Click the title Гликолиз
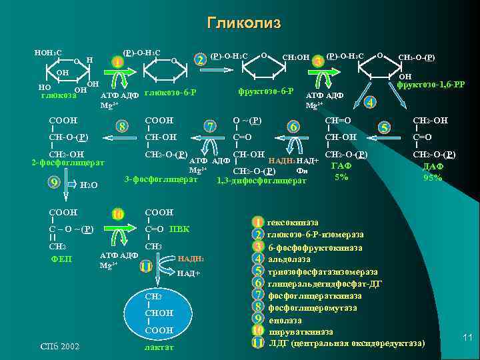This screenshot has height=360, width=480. (x=244, y=23)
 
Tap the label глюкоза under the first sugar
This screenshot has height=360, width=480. (x=57, y=96)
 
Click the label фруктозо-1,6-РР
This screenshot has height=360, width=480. (x=430, y=85)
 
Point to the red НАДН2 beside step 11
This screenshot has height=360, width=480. (x=191, y=258)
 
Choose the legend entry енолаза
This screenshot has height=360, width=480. (x=285, y=319)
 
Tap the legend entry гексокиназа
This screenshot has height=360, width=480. (x=293, y=222)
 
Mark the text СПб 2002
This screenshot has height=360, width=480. (x=60, y=346)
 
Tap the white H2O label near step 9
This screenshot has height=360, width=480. (x=89, y=185)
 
